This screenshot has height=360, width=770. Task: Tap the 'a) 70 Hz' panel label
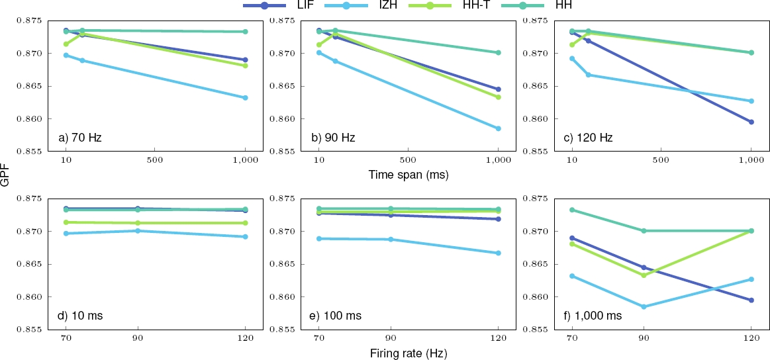pyautogui.click(x=80, y=138)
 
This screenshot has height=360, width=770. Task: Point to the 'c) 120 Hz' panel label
pyautogui.click(x=589, y=138)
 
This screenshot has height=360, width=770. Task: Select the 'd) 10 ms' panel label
pyautogui.click(x=80, y=316)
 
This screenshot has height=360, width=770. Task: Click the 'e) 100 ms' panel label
pyautogui.click(x=336, y=316)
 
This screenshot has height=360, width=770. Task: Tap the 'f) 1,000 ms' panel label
pyautogui.click(x=595, y=316)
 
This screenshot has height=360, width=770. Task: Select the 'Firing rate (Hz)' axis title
pyautogui.click(x=408, y=353)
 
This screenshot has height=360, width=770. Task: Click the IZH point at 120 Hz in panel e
pyautogui.click(x=498, y=253)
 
